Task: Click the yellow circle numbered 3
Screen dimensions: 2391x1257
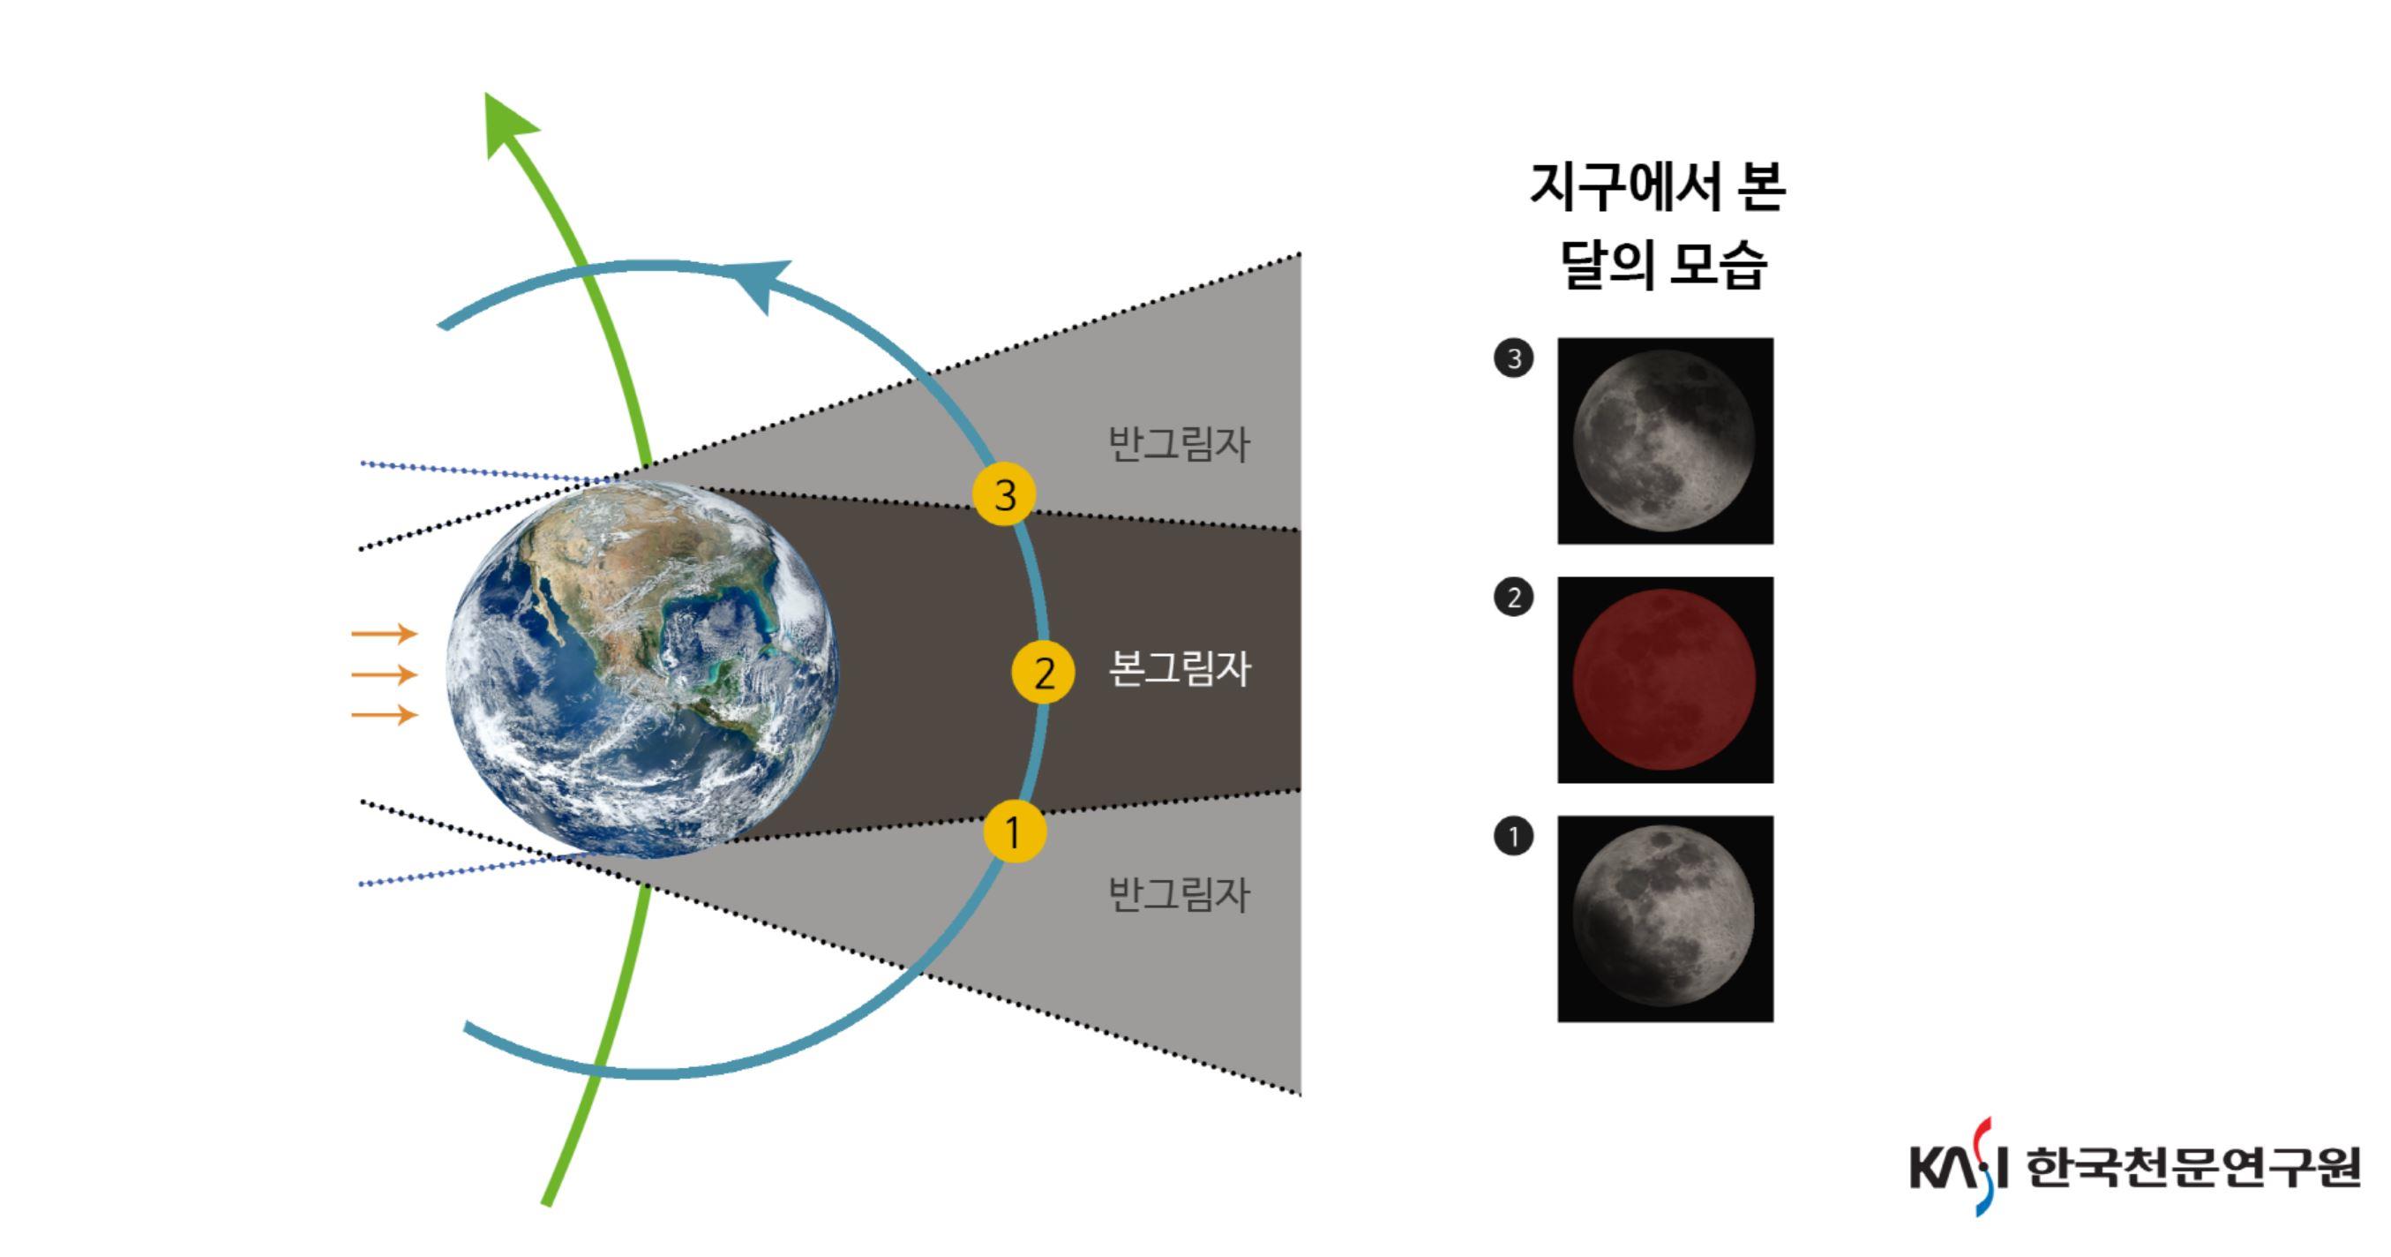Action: [1004, 494]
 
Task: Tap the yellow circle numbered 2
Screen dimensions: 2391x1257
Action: [1043, 672]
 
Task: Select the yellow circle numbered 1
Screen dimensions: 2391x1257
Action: [1015, 831]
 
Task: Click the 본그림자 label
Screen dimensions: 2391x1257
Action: [1180, 668]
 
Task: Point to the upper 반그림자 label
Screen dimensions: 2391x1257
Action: [1180, 443]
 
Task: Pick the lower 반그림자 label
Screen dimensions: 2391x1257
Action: [1180, 894]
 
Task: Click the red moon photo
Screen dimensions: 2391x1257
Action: [1665, 680]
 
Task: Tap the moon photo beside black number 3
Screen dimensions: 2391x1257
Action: [1665, 441]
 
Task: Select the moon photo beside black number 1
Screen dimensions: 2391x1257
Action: [1665, 919]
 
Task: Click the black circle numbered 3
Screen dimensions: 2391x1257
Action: [1513, 358]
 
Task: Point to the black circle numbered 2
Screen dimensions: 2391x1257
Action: [1513, 597]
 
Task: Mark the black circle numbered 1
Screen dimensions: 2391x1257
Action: [1513, 837]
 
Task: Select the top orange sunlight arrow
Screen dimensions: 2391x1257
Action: [385, 634]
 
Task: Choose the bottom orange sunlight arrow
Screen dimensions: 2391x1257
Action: [385, 714]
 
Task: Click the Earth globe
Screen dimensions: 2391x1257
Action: [642, 669]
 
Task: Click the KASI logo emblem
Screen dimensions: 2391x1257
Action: [1960, 1166]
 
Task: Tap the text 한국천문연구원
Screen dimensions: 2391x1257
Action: [2192, 1167]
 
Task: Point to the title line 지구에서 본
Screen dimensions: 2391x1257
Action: [1658, 187]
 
